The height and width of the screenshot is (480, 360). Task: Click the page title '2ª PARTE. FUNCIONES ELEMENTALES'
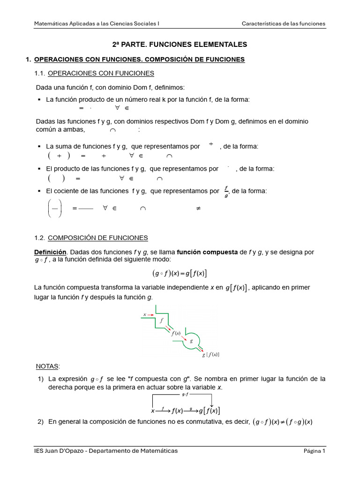click(x=180, y=45)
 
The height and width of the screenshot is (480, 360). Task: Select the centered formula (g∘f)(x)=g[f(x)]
click(x=180, y=274)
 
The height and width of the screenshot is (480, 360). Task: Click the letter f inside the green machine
click(x=162, y=321)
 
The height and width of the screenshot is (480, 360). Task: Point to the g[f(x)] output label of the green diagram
click(x=210, y=355)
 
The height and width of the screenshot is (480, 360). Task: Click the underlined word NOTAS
click(x=48, y=366)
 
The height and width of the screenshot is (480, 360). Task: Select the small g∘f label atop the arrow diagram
click(x=184, y=395)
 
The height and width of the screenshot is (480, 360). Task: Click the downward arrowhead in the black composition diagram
click(x=211, y=405)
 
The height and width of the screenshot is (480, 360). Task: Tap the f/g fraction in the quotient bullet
click(x=226, y=191)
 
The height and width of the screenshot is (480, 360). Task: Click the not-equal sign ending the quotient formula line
click(x=198, y=209)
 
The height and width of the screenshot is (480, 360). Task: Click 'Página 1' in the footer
click(x=314, y=451)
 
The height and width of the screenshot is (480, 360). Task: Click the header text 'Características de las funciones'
click(x=283, y=23)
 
